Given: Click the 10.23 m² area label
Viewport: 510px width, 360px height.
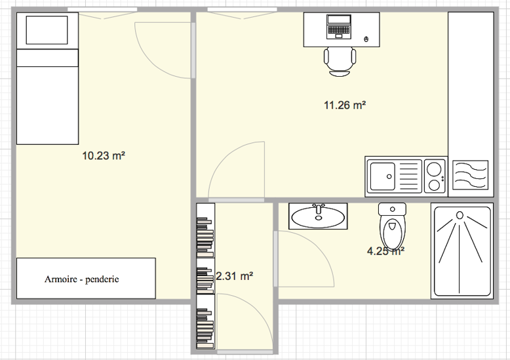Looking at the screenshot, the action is click(104, 155).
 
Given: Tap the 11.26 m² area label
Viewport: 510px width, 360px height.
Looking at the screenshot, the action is click(345, 105).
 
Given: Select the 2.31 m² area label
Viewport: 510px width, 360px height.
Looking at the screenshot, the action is click(235, 276).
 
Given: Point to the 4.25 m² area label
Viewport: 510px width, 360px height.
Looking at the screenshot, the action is click(385, 251).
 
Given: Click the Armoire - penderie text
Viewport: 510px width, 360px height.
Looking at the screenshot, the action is click(82, 279).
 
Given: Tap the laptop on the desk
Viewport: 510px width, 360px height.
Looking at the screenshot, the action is click(339, 27).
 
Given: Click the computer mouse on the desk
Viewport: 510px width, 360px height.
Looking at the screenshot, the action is click(366, 39).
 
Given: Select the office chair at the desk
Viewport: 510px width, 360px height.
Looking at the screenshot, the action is click(340, 62).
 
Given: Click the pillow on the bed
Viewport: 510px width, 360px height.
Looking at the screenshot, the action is click(47, 30).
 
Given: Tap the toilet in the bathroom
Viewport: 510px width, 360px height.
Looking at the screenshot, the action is click(392, 226).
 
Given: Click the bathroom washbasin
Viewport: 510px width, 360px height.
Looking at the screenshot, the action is click(318, 216).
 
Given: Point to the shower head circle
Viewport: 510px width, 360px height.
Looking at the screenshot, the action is click(460, 215).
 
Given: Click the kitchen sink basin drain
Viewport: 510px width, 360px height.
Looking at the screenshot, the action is click(389, 177).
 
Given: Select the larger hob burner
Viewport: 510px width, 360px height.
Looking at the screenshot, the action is click(434, 169).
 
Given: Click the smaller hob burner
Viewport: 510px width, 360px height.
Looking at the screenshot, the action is click(435, 185).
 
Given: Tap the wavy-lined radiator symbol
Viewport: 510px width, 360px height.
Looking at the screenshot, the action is click(471, 175).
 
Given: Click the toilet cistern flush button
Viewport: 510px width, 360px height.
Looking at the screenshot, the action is click(392, 209).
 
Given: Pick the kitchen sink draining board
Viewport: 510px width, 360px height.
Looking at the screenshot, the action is click(408, 176).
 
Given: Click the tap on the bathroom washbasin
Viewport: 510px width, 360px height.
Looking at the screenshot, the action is click(319, 210).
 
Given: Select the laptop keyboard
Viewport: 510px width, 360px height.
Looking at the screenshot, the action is click(339, 30).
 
